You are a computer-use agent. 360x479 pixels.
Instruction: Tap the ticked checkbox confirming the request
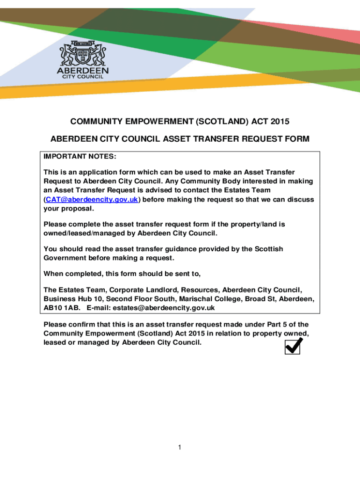click(x=293, y=346)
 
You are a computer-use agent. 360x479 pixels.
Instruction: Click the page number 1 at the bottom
click(x=180, y=448)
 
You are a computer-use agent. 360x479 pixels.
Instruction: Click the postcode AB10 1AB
click(x=62, y=308)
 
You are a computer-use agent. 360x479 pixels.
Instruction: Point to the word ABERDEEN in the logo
click(x=82, y=70)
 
